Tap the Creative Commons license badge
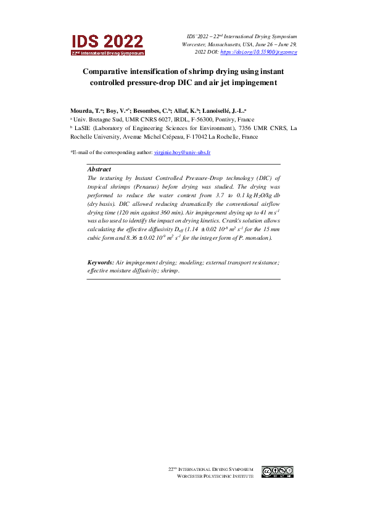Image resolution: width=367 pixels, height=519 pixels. point(278,472)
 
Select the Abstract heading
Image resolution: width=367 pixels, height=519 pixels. point(99,169)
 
